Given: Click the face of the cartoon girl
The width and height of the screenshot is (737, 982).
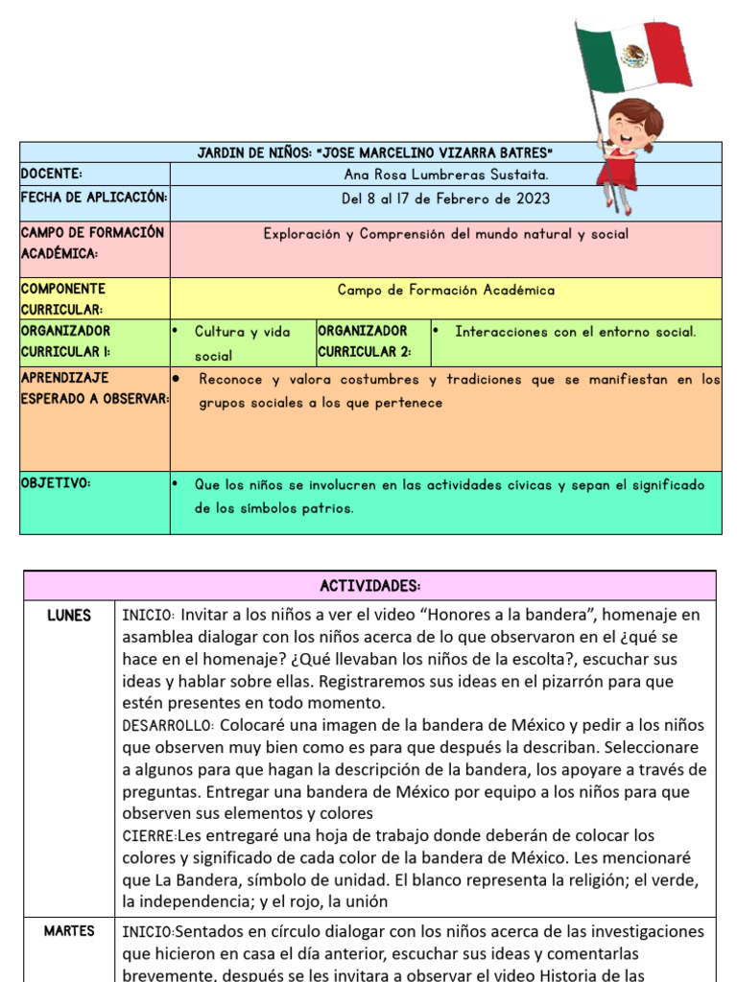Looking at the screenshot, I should click(x=629, y=129).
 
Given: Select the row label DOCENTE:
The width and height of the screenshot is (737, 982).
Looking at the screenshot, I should click(x=52, y=174).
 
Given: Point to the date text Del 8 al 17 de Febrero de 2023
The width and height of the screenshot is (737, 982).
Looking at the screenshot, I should click(x=446, y=199).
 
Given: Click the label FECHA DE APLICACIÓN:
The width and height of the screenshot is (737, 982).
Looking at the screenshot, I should click(x=94, y=198).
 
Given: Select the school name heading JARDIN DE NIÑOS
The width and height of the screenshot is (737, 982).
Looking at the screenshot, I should click(x=375, y=152).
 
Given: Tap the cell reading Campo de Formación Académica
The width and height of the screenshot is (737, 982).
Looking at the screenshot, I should click(x=446, y=290).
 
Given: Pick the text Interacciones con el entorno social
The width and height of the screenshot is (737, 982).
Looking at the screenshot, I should click(x=576, y=332).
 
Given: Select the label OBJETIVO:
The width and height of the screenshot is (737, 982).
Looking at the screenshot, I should click(x=56, y=483).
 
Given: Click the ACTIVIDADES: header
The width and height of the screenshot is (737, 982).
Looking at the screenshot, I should click(x=370, y=586).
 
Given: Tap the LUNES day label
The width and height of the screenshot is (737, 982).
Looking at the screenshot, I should click(x=69, y=616).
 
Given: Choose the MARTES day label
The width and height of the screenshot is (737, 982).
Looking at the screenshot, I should click(x=69, y=931).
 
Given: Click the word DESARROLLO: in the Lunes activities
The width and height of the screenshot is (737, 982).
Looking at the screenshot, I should click(x=159, y=726).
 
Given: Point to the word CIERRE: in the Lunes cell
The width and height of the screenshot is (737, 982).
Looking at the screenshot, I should click(x=146, y=836).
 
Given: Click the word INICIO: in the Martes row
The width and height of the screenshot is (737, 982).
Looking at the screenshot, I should click(x=148, y=931).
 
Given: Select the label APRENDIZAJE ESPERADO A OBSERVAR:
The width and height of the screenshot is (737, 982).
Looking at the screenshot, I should click(x=94, y=388).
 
